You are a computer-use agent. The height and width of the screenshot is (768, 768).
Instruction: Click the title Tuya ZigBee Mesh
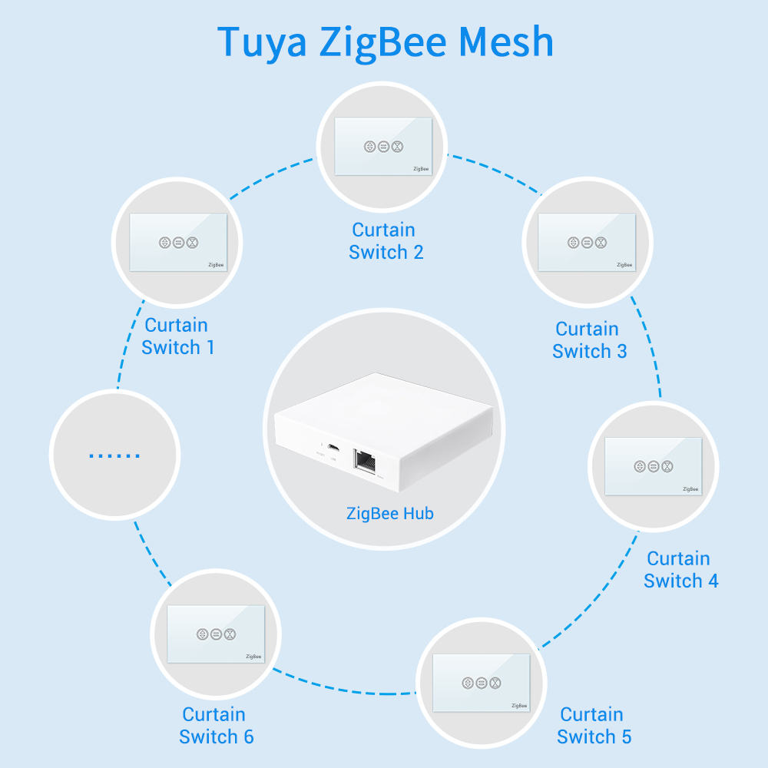pos(385,41)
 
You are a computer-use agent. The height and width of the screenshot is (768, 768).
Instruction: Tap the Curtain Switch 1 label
pos(177,336)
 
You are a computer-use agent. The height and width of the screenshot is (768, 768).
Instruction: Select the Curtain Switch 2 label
pos(385,241)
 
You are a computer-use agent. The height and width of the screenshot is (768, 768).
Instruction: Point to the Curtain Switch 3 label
pos(588,340)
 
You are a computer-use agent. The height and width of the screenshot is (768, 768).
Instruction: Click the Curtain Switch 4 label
pos(680,570)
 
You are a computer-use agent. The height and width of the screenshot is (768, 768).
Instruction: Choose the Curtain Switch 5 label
pos(594,726)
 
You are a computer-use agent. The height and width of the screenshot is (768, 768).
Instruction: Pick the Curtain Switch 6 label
pos(216,726)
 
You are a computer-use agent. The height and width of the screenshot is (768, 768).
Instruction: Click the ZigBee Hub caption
pos(390,513)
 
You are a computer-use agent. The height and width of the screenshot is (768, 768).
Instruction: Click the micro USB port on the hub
pos(333,447)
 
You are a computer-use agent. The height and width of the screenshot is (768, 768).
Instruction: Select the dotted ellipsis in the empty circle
pos(114,455)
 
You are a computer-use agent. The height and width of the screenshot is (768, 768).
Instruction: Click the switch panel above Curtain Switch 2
pos(383,145)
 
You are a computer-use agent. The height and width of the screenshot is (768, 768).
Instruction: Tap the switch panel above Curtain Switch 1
pos(178,242)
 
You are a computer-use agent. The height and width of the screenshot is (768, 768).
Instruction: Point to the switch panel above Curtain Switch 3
pos(587,242)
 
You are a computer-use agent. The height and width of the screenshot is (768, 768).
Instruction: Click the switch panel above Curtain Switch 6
pos(216,634)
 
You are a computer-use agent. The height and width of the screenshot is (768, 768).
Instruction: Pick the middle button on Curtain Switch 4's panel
pos(653,466)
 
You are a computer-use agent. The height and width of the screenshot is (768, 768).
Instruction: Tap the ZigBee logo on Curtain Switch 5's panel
pos(519,705)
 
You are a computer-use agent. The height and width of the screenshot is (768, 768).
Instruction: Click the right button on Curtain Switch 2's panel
pos(397,146)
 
